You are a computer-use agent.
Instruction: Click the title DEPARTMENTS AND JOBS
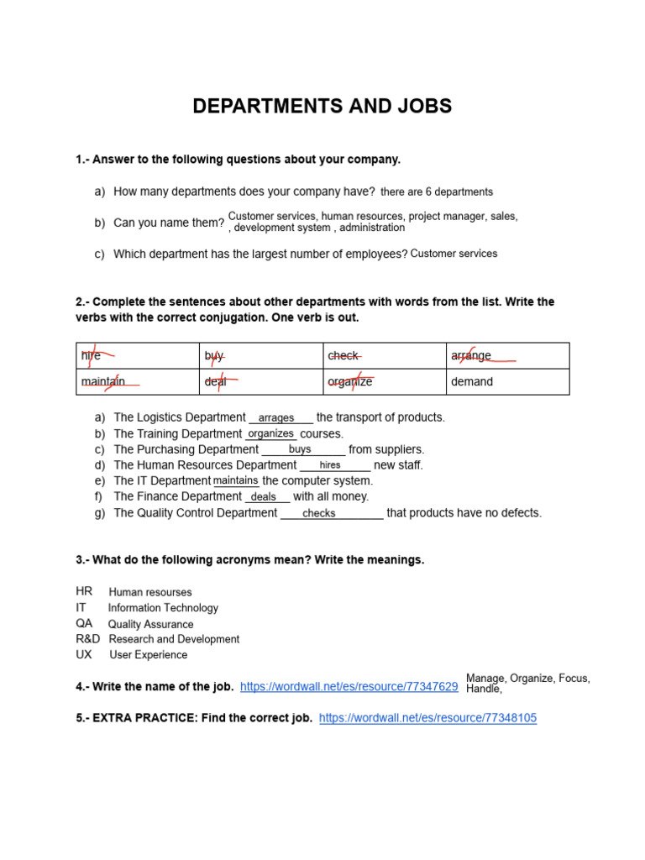[x=322, y=107]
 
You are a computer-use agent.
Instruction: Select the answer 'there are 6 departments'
[x=437, y=192]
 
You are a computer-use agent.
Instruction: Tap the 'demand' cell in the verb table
[x=472, y=382]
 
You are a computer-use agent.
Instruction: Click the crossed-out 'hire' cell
[x=92, y=356]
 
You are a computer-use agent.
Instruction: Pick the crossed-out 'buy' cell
[x=215, y=356]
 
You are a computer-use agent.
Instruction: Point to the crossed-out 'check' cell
[x=343, y=356]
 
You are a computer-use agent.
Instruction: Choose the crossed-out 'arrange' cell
[x=471, y=356]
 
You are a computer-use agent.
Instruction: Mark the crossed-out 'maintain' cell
[x=104, y=382]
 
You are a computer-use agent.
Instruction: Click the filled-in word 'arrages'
[x=276, y=418]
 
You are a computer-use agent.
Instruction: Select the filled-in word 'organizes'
[x=271, y=433]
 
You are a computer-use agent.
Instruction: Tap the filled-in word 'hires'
[x=330, y=465]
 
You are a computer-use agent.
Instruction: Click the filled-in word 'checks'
[x=319, y=513]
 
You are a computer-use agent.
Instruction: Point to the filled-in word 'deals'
[x=264, y=497]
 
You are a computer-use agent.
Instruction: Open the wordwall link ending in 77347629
[x=349, y=687]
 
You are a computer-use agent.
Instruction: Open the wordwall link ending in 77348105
[x=427, y=718]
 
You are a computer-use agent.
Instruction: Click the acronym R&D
[x=87, y=639]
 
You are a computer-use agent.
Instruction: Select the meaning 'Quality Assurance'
[x=150, y=625]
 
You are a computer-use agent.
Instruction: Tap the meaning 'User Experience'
[x=149, y=655]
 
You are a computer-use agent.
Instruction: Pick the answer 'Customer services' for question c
[x=454, y=254]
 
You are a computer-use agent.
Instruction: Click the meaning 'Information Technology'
[x=163, y=608]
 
